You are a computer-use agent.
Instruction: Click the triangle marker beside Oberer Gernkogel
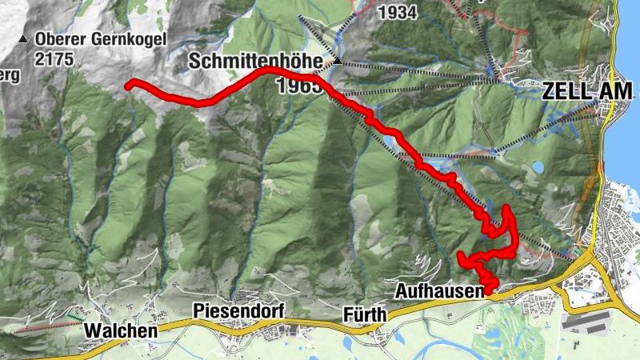point(24,38)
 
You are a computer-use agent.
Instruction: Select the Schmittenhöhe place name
point(260,62)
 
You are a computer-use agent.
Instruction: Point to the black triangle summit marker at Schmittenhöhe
point(338,61)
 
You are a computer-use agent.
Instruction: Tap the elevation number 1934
point(398,13)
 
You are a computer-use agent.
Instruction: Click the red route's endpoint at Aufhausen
point(488,290)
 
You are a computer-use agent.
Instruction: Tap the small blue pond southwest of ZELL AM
point(538,168)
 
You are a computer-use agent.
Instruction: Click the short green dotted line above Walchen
point(74,318)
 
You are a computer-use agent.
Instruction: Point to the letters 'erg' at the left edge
point(10,76)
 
